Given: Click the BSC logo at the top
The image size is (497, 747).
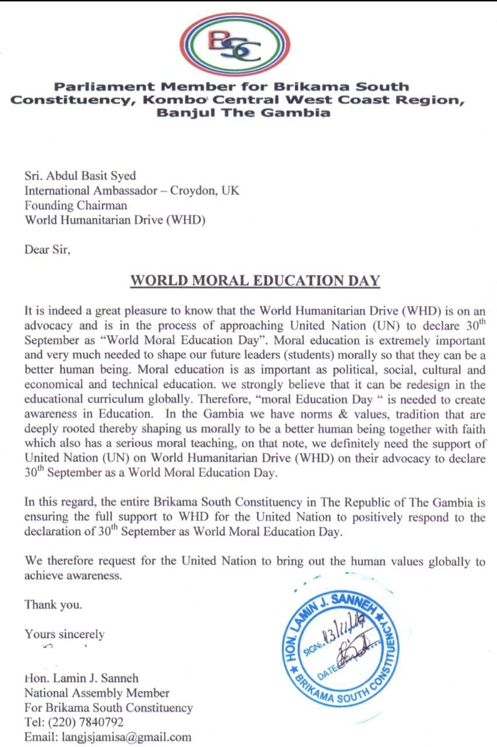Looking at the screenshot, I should coord(235,45).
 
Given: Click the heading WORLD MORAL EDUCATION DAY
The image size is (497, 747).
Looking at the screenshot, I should coord(255,281).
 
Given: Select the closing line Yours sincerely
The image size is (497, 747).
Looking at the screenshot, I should coord(65,634).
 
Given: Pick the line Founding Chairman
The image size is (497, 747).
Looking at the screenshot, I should coord(76,205).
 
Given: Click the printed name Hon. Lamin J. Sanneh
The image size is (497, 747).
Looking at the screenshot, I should coord(81,679).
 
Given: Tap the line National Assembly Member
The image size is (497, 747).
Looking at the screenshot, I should coord(97,693).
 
